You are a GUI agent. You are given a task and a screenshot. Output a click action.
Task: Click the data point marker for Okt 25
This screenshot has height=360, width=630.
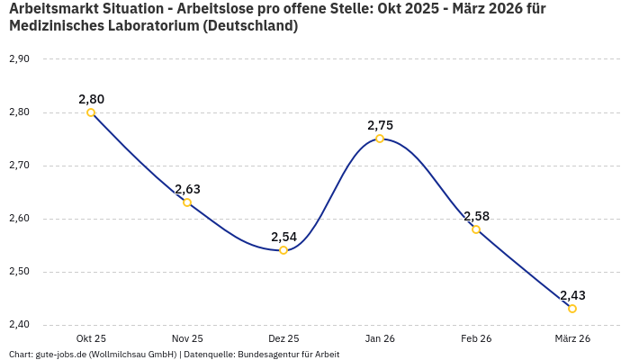pyautogui.click(x=91, y=112)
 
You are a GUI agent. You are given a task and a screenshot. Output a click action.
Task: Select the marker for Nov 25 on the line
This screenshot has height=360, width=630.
pyautogui.click(x=187, y=202)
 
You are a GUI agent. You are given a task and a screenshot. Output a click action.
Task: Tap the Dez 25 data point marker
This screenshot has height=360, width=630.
pyautogui.click(x=283, y=250)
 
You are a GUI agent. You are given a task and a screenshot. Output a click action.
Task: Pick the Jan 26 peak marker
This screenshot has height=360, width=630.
pyautogui.click(x=380, y=139)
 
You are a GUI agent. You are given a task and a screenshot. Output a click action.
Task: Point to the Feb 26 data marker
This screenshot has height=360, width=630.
pyautogui.click(x=476, y=229)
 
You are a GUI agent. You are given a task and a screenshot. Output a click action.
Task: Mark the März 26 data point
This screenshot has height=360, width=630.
pyautogui.click(x=572, y=309)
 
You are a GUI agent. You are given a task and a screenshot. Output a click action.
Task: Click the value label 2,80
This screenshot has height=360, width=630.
pyautogui.click(x=91, y=99)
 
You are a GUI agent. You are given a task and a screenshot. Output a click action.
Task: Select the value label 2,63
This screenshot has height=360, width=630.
pyautogui.click(x=187, y=189)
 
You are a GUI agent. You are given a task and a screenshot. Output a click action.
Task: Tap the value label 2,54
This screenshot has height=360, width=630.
pyautogui.click(x=283, y=237)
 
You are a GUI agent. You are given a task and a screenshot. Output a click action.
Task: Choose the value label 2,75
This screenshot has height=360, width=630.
pyautogui.click(x=380, y=125)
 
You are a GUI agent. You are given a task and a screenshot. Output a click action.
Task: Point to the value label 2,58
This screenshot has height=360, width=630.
pyautogui.click(x=476, y=216)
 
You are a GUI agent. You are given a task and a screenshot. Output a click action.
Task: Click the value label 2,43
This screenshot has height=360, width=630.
pyautogui.click(x=572, y=295)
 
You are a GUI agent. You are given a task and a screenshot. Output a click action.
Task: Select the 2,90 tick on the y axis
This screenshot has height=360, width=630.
pyautogui.click(x=19, y=59)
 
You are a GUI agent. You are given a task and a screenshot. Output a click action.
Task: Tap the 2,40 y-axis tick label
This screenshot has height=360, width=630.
pyautogui.click(x=19, y=325)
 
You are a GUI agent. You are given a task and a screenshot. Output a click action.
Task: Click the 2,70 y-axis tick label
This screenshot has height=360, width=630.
pyautogui.click(x=19, y=166)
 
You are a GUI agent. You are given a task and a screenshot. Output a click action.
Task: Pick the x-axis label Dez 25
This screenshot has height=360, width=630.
pyautogui.click(x=283, y=338)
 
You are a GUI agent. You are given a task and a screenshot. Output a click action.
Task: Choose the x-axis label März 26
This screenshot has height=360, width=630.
pyautogui.click(x=572, y=338)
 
